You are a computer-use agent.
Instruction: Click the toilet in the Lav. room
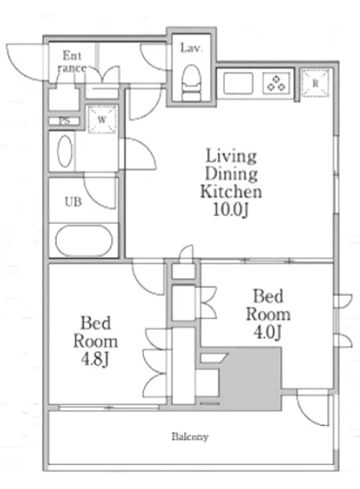click(x=191, y=83)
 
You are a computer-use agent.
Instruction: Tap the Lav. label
click(x=191, y=48)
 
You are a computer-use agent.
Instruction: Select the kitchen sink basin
click(x=238, y=83)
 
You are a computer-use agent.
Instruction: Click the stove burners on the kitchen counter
click(x=276, y=83)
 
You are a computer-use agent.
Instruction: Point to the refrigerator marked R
click(x=316, y=84)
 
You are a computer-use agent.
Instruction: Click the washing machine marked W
click(x=102, y=119)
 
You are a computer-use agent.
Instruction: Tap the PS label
click(x=65, y=121)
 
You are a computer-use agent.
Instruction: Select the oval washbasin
click(x=65, y=151)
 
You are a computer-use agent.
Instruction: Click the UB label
click(x=73, y=202)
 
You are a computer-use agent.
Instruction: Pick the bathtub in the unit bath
click(x=84, y=241)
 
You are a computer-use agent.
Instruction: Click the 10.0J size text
click(x=230, y=210)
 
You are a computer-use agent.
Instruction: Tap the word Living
click(x=231, y=156)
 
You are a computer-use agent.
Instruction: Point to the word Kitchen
click(x=231, y=191)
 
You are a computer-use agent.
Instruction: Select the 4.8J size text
click(x=95, y=359)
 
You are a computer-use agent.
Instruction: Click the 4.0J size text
click(x=268, y=332)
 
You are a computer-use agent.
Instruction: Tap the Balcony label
click(x=190, y=437)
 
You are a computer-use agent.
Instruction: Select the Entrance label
click(x=72, y=61)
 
